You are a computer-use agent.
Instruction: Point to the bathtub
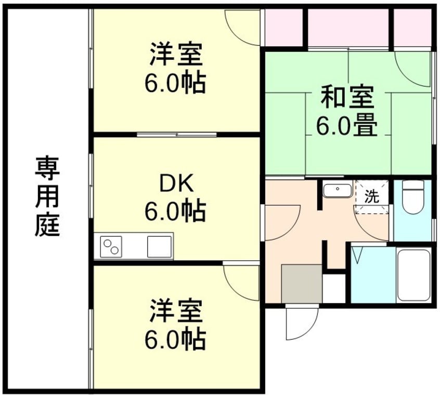click(x=413, y=275)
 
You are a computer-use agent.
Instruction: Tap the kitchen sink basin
click(x=160, y=246)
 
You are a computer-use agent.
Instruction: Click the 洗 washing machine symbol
click(x=371, y=196)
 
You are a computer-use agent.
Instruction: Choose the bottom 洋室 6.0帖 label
click(x=175, y=325)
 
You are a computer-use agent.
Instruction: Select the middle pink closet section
click(x=348, y=28)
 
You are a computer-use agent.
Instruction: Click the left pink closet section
click(x=283, y=28)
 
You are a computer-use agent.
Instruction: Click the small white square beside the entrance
click(x=334, y=288)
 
